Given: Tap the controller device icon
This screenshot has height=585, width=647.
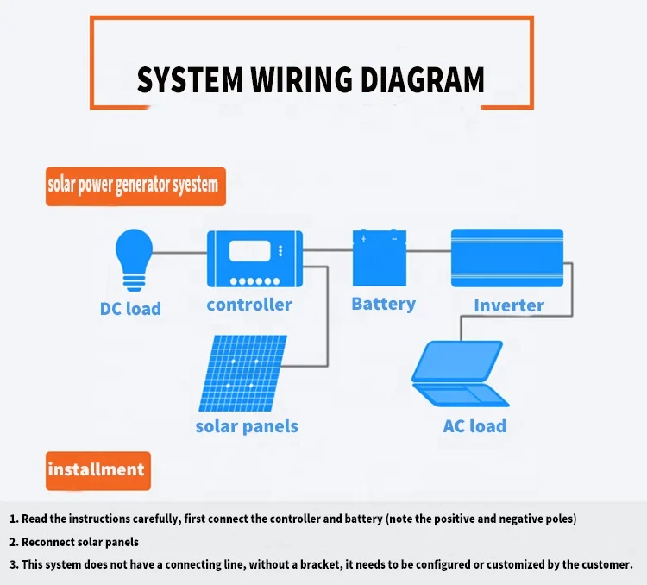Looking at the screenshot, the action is pyautogui.click(x=254, y=259).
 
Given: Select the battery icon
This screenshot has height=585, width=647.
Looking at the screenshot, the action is pyautogui.click(x=380, y=258).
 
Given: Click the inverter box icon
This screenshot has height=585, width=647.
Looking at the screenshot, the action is pyautogui.click(x=507, y=258).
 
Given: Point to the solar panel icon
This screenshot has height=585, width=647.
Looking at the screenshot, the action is pyautogui.click(x=242, y=373).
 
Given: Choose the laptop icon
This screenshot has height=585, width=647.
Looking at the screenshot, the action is pyautogui.click(x=460, y=374).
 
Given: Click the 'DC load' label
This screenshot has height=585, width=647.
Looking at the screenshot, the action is pyautogui.click(x=130, y=309).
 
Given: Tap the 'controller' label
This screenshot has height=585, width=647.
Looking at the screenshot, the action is pyautogui.click(x=249, y=305).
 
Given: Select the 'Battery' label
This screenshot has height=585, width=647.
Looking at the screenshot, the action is pyautogui.click(x=383, y=304).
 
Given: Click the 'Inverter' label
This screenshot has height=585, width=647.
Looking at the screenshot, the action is pyautogui.click(x=509, y=305).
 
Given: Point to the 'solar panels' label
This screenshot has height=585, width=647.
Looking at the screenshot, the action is pyautogui.click(x=247, y=426).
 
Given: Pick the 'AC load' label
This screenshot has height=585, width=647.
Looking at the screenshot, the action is pyautogui.click(x=474, y=426).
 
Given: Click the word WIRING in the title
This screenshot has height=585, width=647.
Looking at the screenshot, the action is pyautogui.click(x=302, y=79).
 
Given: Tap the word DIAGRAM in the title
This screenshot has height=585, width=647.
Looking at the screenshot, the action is pyautogui.click(x=423, y=79).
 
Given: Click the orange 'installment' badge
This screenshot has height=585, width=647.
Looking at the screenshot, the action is pyautogui.click(x=98, y=471).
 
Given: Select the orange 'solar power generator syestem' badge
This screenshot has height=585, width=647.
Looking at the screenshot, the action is pyautogui.click(x=135, y=186).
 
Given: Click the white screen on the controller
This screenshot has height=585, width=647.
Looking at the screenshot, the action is pyautogui.click(x=249, y=251).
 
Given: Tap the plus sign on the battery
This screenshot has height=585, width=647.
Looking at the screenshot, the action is pyautogui.click(x=363, y=239).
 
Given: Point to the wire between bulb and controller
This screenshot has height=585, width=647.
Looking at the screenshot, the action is pyautogui.click(x=179, y=252).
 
